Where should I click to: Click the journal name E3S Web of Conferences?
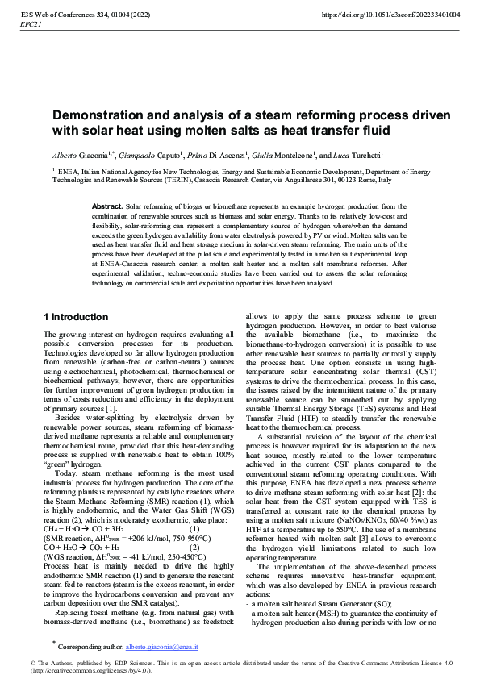click(x=67, y=15)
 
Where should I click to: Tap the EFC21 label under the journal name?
click(x=31, y=25)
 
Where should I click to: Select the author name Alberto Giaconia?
click(x=81, y=154)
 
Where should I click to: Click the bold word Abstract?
click(x=107, y=207)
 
